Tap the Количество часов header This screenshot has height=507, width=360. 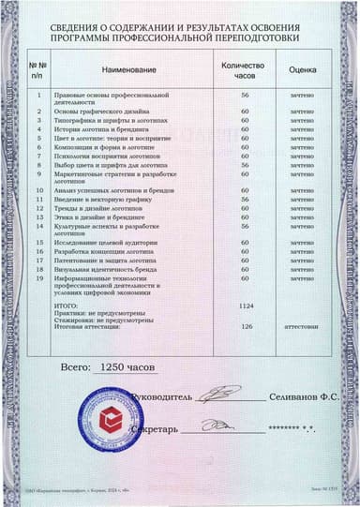[243, 69]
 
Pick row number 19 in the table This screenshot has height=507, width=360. [38, 277]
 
